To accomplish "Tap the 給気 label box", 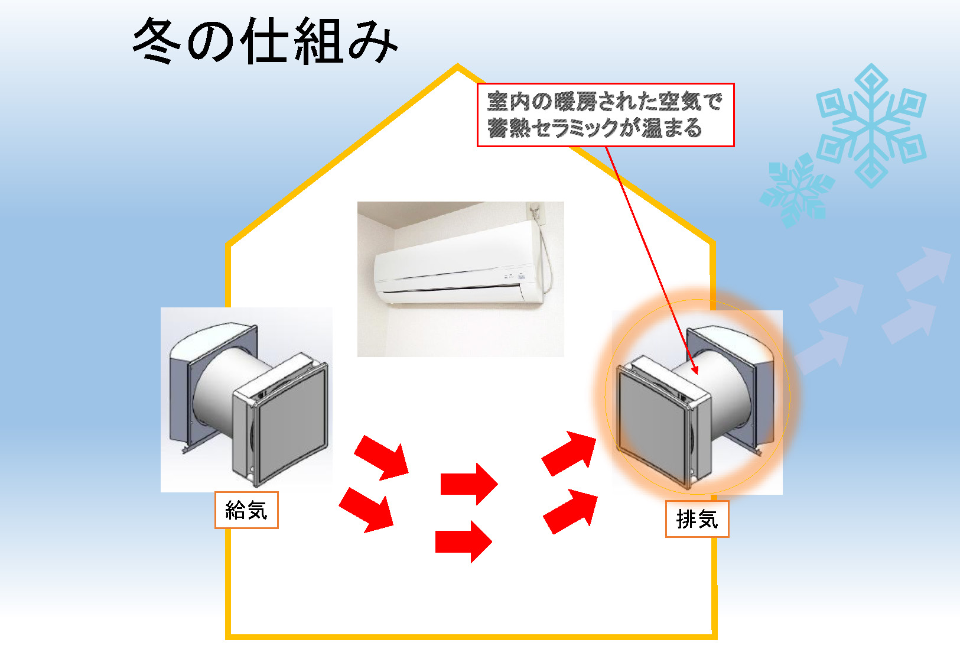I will tap(246, 510).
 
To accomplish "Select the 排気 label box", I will tap(697, 519).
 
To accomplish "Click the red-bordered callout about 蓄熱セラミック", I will tap(605, 115).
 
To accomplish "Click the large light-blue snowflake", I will tap(871, 125).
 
